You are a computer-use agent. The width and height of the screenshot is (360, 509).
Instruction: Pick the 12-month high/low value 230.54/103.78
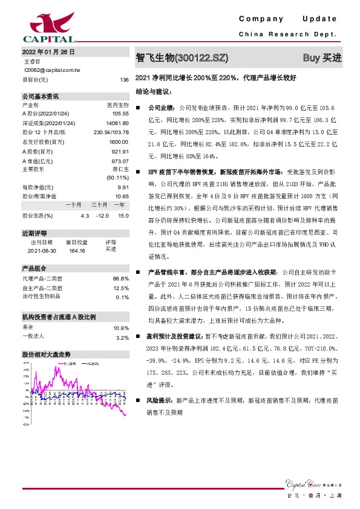coord(111,131)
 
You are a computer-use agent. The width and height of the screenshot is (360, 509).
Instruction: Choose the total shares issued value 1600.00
coord(119,140)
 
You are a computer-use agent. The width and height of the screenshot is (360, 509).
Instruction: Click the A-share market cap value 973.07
coord(121,161)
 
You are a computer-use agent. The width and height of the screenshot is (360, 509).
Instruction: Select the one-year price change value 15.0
coord(123,215)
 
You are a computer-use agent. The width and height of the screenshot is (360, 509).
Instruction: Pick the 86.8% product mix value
coord(122,278)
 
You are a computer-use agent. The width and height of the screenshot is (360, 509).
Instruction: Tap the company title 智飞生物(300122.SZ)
coord(182,58)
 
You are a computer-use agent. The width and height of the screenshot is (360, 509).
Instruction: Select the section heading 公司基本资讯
coord(41,96)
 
